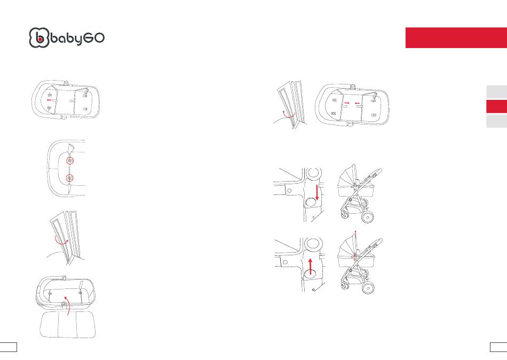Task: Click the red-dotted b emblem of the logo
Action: click(39, 38)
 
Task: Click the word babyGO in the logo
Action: click(77, 39)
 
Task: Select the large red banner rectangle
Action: click(456, 38)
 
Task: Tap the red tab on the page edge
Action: click(496, 106)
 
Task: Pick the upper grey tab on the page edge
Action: click(496, 92)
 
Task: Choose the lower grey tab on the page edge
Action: click(496, 121)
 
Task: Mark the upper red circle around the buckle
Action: click(70, 161)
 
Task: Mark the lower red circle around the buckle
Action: click(70, 178)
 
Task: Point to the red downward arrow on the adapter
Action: click(317, 193)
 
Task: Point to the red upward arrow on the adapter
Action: click(311, 267)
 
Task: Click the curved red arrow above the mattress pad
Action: click(68, 305)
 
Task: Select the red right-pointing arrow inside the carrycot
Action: click(347, 103)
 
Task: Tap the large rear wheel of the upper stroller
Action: click(368, 217)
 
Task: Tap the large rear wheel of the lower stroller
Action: click(368, 288)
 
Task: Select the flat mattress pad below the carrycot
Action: click(68, 325)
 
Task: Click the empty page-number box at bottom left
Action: click(9, 347)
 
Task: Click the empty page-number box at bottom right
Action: click(498, 347)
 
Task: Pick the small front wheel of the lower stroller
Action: click(344, 286)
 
